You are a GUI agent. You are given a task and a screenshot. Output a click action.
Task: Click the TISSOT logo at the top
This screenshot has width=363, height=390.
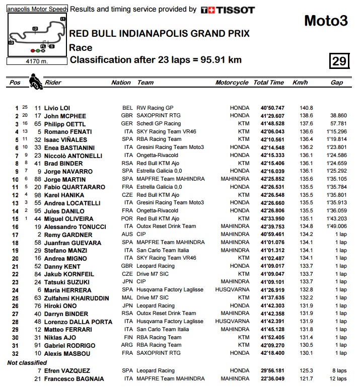[228, 10]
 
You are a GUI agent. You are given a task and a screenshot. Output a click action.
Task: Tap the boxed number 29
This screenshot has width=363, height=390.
[339, 61]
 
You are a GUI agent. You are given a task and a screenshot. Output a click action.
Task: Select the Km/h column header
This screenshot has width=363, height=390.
[300, 83]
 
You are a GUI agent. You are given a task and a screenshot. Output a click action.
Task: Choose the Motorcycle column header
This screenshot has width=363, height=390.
[232, 83]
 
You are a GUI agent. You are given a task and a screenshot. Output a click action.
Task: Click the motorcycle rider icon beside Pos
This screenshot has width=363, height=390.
[35, 81]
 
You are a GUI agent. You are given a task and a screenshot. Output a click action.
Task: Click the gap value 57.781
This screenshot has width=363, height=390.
[337, 124]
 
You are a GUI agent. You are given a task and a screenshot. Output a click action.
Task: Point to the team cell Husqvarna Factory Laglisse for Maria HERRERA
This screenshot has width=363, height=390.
[171, 290]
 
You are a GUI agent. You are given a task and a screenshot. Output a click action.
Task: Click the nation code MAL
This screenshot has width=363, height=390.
[127, 298]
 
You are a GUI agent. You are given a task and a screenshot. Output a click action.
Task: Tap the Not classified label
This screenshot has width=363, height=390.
[26, 362]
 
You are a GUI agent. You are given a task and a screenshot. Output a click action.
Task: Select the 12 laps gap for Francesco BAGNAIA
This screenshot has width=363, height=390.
[338, 378]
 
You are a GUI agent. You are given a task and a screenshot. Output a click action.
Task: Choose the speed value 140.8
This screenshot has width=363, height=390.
[306, 108]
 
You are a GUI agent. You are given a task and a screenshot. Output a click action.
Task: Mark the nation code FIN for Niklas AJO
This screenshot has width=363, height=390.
[127, 337]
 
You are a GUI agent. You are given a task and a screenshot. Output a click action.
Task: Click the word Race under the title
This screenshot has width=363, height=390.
[81, 48]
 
